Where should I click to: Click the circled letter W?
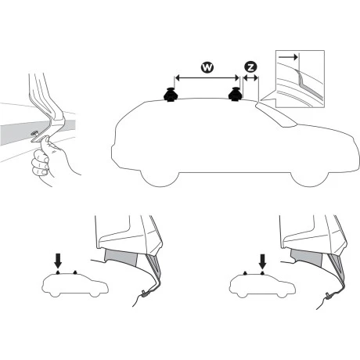[x=207, y=67]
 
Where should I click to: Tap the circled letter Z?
[x=250, y=67]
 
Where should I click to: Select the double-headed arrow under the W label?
[x=207, y=77]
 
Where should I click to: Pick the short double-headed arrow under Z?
[x=250, y=77]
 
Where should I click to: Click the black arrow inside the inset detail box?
[x=288, y=57]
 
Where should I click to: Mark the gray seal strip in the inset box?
[x=309, y=86]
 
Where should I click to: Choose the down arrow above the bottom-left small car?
[x=58, y=261]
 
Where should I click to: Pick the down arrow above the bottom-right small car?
[x=262, y=261]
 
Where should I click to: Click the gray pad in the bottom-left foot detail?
[x=121, y=257]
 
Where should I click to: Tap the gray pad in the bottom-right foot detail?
[x=307, y=257]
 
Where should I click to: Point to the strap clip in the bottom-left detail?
[x=145, y=293]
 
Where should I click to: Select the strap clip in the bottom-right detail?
[x=329, y=295]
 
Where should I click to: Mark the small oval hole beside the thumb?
[x=34, y=134]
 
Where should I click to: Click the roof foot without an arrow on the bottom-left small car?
[x=75, y=272]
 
